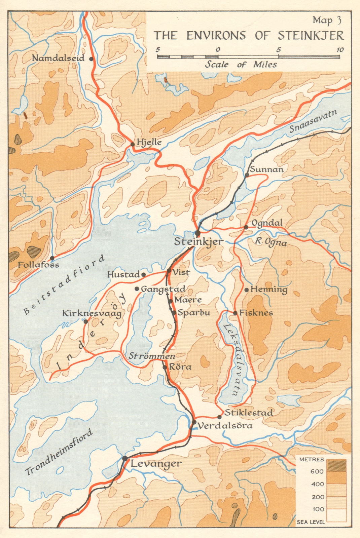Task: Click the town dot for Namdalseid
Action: [x=91, y=59]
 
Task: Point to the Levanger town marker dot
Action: [x=125, y=458]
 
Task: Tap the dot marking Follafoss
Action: [x=52, y=258]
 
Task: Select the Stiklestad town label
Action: [x=249, y=413]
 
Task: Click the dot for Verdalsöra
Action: [x=194, y=422]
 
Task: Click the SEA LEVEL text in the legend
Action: [x=311, y=522]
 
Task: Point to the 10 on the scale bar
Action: [x=340, y=50]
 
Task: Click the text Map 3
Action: [x=327, y=21]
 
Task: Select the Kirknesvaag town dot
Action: [x=86, y=321]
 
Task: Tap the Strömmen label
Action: [x=152, y=356]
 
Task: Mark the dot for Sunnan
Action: [x=247, y=175]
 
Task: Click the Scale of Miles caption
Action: [x=241, y=64]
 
